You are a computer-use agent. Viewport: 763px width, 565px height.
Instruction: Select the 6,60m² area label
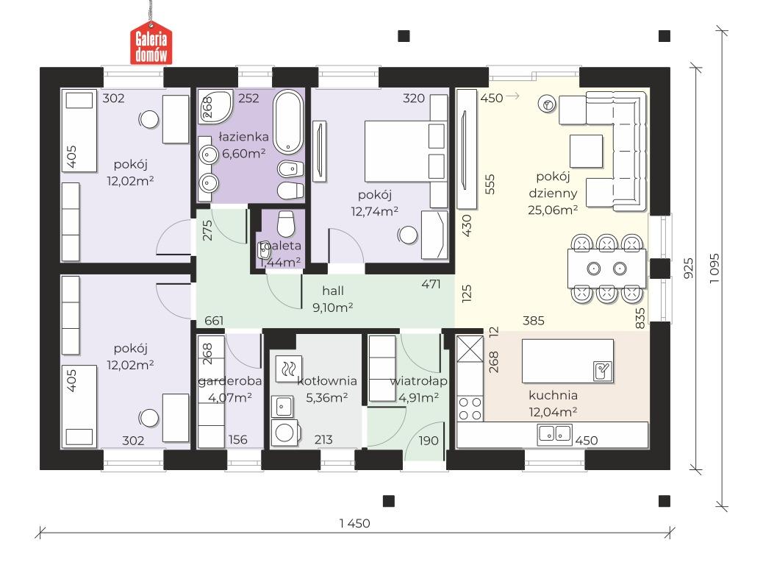[x=243, y=154]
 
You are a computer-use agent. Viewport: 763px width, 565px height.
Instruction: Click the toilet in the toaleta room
[x=286, y=224]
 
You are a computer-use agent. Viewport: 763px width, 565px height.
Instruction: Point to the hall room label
[x=333, y=291]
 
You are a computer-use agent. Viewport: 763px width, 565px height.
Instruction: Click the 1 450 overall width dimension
[x=355, y=523]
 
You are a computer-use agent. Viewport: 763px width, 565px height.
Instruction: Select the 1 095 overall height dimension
[x=714, y=269]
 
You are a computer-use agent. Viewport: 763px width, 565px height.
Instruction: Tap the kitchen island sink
[x=603, y=371]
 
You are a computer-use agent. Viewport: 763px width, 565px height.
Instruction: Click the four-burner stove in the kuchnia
[x=470, y=408]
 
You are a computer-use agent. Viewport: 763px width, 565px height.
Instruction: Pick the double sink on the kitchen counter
[x=555, y=433]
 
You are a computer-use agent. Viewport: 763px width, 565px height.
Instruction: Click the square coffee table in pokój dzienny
[x=587, y=152]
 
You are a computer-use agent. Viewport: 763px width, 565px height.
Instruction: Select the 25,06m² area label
[x=553, y=210]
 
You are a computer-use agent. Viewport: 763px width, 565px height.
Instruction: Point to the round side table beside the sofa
[x=548, y=104]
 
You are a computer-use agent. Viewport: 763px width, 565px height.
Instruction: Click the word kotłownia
[x=327, y=380]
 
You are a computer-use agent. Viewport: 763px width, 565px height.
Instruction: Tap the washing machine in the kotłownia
[x=284, y=432]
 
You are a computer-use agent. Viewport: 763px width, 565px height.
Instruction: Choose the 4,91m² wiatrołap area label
[x=419, y=397]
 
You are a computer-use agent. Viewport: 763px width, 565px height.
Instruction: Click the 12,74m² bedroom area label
[x=375, y=211]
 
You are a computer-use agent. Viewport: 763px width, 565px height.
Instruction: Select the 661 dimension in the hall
[x=214, y=321]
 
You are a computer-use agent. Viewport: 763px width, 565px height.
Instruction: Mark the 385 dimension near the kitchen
[x=534, y=321]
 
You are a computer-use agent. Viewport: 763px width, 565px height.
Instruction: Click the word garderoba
[x=230, y=380]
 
